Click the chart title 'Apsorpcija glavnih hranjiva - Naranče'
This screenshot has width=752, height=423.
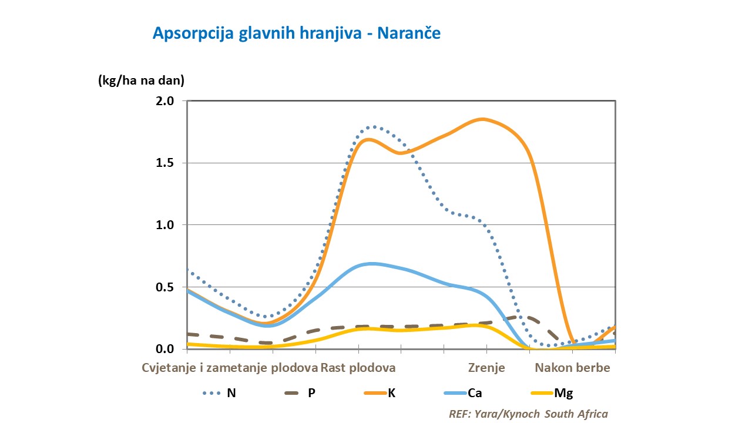coord(297,33)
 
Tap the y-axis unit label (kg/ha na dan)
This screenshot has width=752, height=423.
coord(141,80)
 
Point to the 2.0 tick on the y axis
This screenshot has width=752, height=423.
coord(166,101)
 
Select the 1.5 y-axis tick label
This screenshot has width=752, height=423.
coord(166,163)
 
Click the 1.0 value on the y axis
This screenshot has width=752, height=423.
coord(166,225)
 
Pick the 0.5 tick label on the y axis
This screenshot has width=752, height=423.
coord(166,287)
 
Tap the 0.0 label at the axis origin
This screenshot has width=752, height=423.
coord(166,349)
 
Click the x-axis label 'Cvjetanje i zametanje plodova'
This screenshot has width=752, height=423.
coord(230,368)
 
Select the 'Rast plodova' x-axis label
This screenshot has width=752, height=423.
coord(358,368)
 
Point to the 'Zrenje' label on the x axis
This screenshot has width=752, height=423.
coord(486,368)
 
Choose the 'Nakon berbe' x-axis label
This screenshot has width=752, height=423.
coord(572,368)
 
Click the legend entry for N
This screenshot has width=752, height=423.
coord(231,393)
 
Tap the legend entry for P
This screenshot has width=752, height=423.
coord(311,393)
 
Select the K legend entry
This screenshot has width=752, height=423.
coord(391,393)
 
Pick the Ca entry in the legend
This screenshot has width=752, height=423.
coord(475,393)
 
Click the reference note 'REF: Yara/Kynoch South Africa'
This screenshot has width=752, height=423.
coord(528,414)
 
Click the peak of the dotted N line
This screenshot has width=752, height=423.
coord(373,126)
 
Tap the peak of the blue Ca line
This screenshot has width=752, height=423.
coord(371,263)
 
